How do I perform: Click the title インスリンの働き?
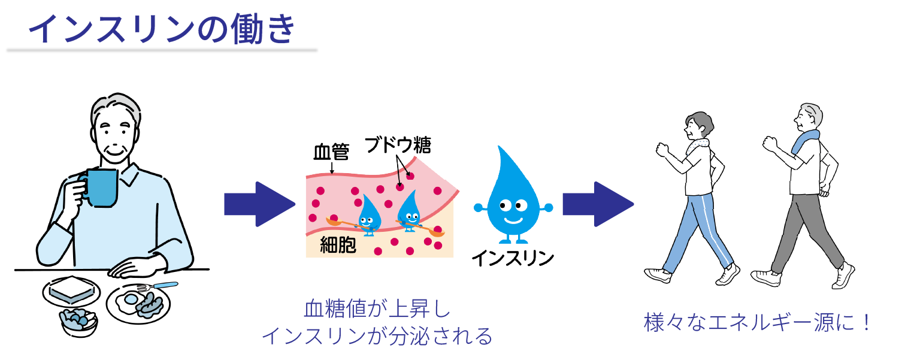pyautogui.click(x=162, y=28)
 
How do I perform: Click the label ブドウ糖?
pyautogui.click(x=398, y=146)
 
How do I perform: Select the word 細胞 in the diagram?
pyautogui.click(x=338, y=246)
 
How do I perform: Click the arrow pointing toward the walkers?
pyautogui.click(x=597, y=204)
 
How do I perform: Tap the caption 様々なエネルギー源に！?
pyautogui.click(x=758, y=323)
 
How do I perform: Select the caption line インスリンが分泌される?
pyautogui.click(x=377, y=335)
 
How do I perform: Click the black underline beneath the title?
pyautogui.click(x=162, y=51)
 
